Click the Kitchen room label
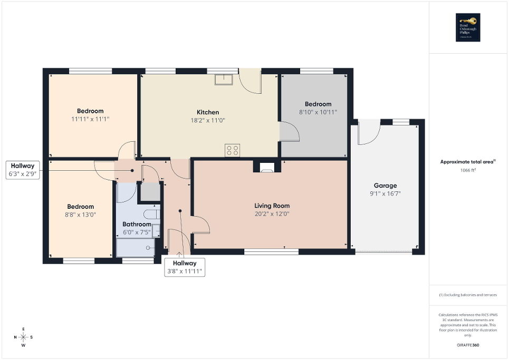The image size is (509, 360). point(208,112)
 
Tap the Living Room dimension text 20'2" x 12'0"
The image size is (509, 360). point(272,214)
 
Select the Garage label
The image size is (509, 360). point(385,186)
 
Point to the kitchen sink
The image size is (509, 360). point(224,79)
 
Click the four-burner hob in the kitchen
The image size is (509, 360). point(233,150)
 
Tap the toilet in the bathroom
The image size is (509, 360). point(152,214)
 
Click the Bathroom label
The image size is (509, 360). point(137,224)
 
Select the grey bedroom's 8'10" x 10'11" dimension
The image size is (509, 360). point(318,112)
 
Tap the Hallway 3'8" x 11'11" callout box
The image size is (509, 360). point(184,267)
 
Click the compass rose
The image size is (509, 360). point(23,337)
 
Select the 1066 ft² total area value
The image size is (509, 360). point(468,171)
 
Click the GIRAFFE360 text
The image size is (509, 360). point(468,345)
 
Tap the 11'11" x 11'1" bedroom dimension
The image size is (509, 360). point(90,119)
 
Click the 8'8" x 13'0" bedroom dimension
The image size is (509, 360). point(81,215)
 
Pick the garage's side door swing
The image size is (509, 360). point(369,132)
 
